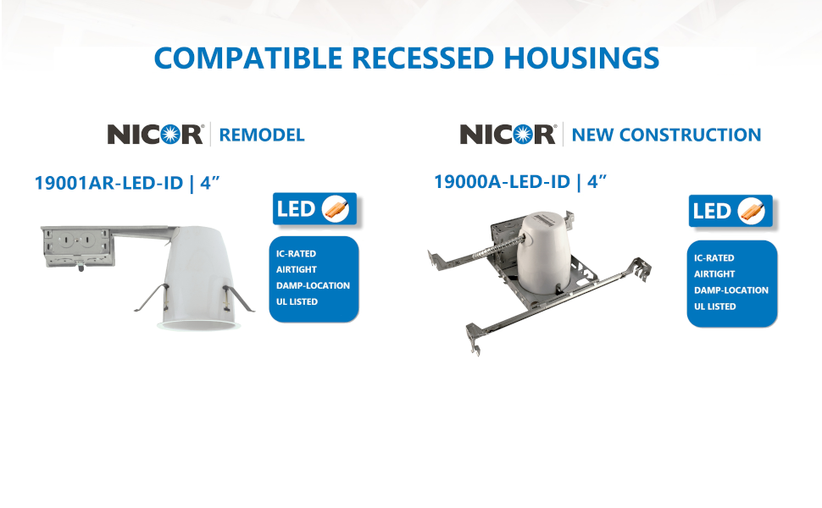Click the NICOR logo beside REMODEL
coord(155,134)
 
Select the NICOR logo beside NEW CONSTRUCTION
coord(508,134)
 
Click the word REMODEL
coord(262,135)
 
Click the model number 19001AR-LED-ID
coord(108,182)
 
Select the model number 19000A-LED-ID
coord(503,181)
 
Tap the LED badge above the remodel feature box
coord(314,208)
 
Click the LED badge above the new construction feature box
coord(731,212)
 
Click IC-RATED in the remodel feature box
coord(292,253)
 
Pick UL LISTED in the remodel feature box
coord(297,301)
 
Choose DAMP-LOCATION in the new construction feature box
coord(730,290)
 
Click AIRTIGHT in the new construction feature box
coord(714,274)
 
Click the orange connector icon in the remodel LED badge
coord(336,208)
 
